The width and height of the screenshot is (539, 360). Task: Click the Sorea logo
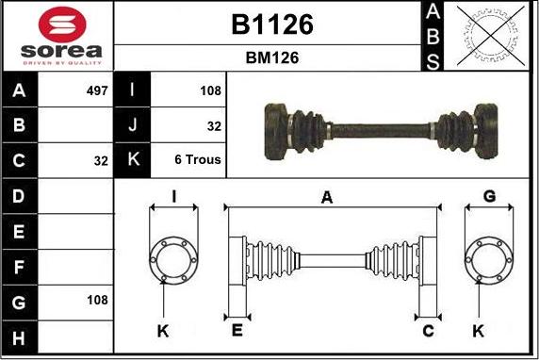pyautogui.click(x=57, y=36)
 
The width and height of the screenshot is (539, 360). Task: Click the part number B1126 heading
pyautogui.click(x=271, y=25)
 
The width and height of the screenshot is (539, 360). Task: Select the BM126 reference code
pyautogui.click(x=271, y=57)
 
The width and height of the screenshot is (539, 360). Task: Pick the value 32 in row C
pyautogui.click(x=101, y=160)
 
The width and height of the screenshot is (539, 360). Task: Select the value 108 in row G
pyautogui.click(x=96, y=300)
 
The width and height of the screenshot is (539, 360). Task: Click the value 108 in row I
pyautogui.click(x=210, y=91)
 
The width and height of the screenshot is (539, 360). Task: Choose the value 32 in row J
pyautogui.click(x=214, y=125)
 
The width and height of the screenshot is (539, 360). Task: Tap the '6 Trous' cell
pyautogui.click(x=198, y=160)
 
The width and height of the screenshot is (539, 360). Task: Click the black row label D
pyautogui.click(x=19, y=196)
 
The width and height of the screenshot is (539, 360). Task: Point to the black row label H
pyautogui.click(x=19, y=335)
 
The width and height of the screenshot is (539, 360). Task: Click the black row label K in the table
pyautogui.click(x=132, y=160)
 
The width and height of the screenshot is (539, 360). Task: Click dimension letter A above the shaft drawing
pyautogui.click(x=327, y=197)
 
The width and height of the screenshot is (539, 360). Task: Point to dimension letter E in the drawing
pyautogui.click(x=237, y=330)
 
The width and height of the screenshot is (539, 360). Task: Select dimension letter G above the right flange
pyautogui.click(x=489, y=196)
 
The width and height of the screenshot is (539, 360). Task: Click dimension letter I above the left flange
pyautogui.click(x=174, y=196)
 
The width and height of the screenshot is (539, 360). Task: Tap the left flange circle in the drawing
pyautogui.click(x=173, y=257)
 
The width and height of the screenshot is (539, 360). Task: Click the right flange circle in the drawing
pyautogui.click(x=489, y=257)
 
